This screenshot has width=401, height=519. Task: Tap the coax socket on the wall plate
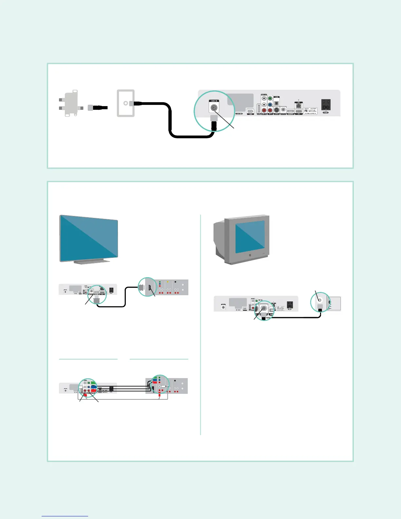[125, 103]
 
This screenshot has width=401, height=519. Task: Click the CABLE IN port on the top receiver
[214, 108]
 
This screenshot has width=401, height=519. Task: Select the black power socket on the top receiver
[326, 106]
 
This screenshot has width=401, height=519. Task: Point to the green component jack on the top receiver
[270, 98]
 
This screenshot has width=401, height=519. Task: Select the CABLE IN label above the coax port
[214, 101]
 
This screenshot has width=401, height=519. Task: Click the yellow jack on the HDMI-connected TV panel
[168, 281]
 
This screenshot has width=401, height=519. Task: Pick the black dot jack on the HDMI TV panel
[175, 281]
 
